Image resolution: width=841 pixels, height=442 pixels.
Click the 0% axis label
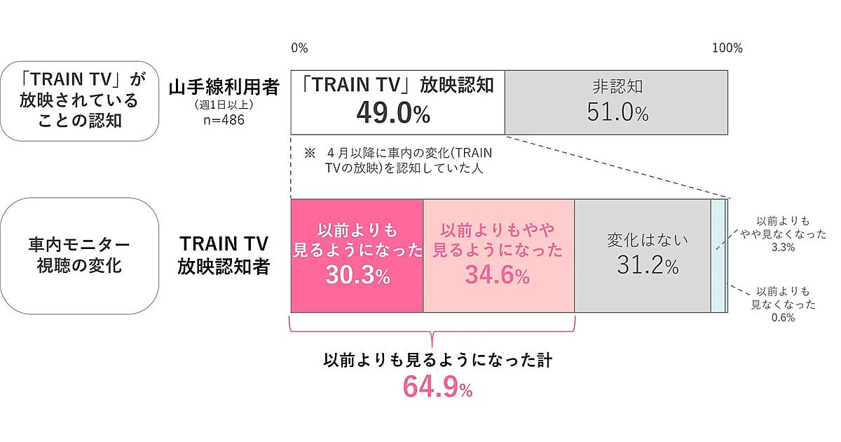point(299,48)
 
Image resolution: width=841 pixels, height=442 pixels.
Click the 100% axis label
point(727,48)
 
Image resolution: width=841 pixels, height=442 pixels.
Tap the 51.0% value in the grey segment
point(617,113)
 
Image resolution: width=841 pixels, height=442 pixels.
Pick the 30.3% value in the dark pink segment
point(357,276)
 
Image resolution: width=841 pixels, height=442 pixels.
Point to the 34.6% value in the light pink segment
point(497,276)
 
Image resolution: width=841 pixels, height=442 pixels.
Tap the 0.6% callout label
point(782,317)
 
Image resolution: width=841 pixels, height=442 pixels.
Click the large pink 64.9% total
point(437,387)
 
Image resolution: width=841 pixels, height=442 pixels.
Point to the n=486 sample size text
point(224,119)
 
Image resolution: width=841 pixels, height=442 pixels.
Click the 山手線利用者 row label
point(224,88)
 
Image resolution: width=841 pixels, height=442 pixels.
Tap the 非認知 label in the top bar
point(617,88)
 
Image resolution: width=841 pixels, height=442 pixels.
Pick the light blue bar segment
point(717,255)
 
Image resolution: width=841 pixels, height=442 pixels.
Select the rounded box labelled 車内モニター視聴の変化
point(79,255)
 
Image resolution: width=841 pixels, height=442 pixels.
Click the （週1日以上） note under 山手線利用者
point(224,105)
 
